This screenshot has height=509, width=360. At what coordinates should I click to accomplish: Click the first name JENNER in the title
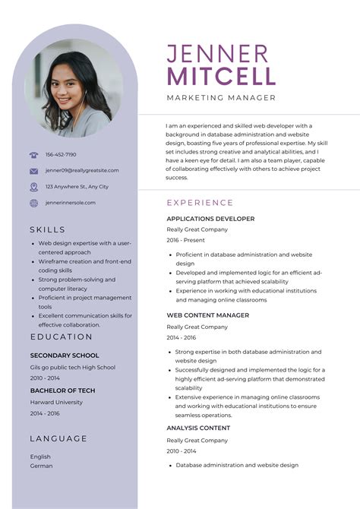coord(217,53)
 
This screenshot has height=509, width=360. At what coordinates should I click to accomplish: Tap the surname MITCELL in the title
coord(221,76)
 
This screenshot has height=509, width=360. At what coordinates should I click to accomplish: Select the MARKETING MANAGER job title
coord(221,98)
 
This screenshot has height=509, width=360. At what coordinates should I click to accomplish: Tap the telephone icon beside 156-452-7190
coord(33,155)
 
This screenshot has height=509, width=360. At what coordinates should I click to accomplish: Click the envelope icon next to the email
coord(33,171)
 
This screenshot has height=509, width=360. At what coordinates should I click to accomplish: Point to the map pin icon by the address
coord(33,187)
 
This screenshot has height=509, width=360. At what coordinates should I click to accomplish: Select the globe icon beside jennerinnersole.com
coord(33,203)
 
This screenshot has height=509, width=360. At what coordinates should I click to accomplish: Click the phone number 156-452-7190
coord(61,155)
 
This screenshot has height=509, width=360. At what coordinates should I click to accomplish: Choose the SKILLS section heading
coord(48,229)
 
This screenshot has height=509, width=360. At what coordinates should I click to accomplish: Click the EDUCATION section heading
coord(62,337)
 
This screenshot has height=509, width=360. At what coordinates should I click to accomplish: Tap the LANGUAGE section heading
coord(58,438)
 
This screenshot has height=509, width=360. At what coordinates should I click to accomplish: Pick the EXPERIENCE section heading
coord(200,203)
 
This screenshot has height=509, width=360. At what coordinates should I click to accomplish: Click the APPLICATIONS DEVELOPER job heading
coord(210,219)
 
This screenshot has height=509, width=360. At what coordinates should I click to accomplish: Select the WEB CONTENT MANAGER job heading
coord(207,315)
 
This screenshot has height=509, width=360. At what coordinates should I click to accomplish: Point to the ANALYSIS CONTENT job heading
coord(198,428)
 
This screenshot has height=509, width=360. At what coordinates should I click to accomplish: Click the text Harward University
coord(56,402)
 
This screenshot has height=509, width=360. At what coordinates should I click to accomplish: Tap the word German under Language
coord(41,466)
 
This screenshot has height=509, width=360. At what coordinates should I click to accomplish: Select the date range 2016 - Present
coord(185,240)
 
